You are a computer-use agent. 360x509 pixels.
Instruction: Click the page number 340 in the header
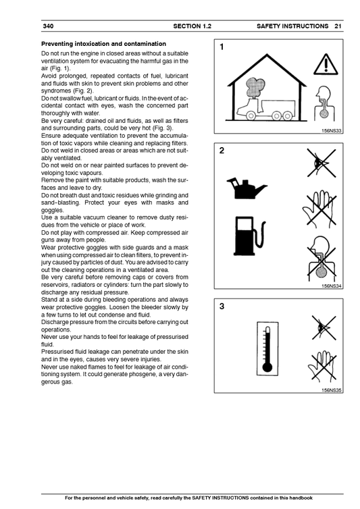pos(48,26)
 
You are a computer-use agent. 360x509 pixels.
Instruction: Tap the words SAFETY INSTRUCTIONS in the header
pos(292,26)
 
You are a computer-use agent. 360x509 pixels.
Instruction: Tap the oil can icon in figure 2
pos(246,188)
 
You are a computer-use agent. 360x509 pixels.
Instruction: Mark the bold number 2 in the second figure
pos(222,151)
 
